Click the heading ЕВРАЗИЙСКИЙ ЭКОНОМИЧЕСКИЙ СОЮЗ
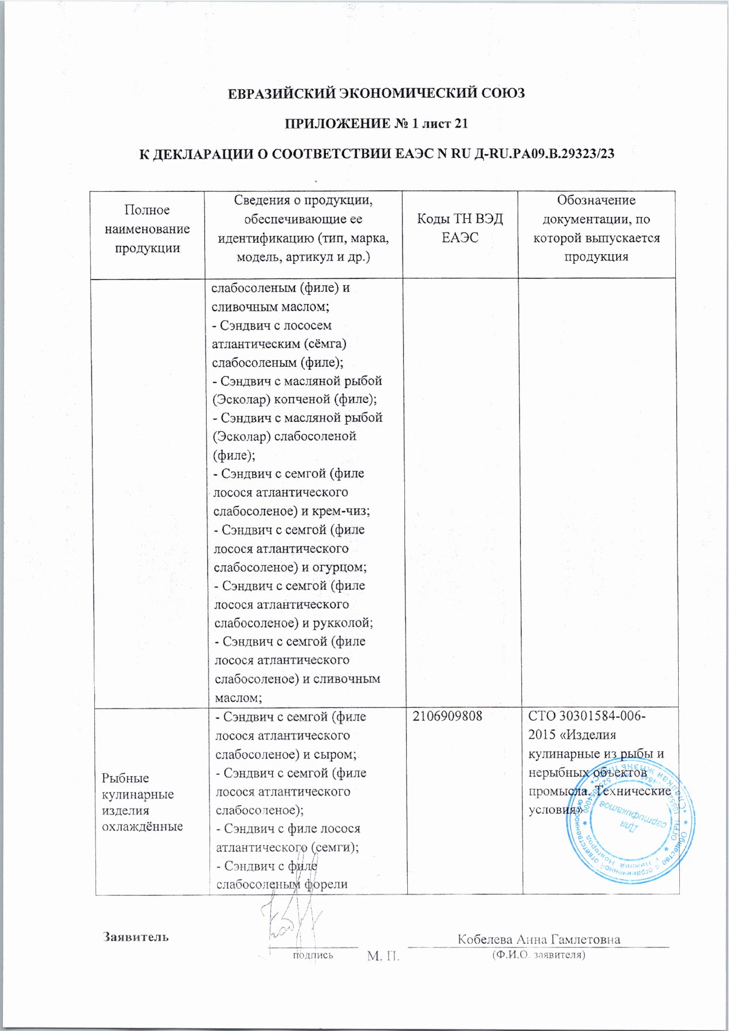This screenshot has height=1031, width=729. click(x=376, y=93)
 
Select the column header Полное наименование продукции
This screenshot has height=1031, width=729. click(x=147, y=229)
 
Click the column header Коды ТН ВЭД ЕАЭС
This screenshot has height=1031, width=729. click(x=460, y=228)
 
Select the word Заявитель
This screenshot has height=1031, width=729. click(x=136, y=937)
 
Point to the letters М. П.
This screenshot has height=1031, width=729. click(x=383, y=957)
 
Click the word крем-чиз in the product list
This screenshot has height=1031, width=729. click(x=345, y=511)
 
